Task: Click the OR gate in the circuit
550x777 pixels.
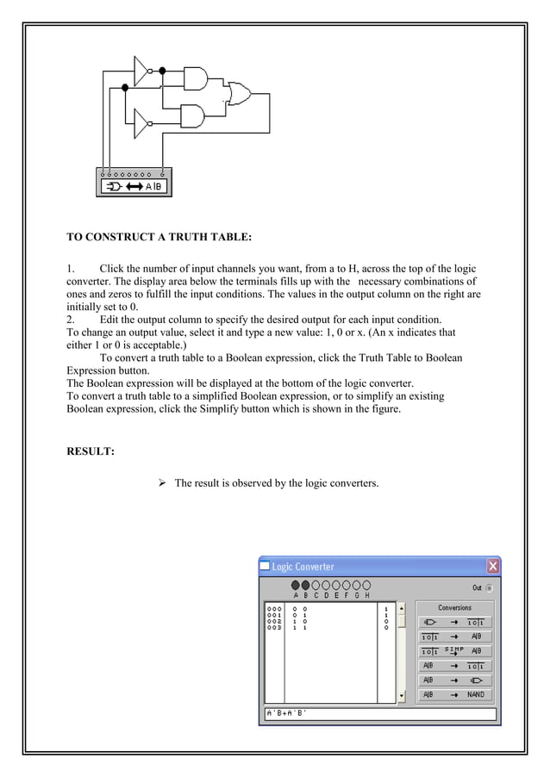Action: click(x=234, y=93)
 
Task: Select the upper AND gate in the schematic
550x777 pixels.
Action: click(x=196, y=77)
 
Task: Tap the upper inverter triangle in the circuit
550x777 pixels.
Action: click(x=141, y=72)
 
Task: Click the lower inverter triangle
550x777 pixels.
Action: click(x=141, y=123)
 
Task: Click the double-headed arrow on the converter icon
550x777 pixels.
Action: click(x=134, y=186)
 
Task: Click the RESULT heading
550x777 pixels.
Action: click(x=91, y=451)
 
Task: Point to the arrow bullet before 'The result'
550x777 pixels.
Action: click(x=162, y=483)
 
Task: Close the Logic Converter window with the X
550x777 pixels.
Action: click(x=492, y=567)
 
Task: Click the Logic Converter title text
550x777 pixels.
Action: click(x=303, y=567)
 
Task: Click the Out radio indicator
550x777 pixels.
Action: click(x=490, y=588)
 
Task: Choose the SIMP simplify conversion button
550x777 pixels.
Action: click(x=456, y=650)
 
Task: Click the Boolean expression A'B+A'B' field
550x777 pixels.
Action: click(x=379, y=714)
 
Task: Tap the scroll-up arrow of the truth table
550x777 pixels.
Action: click(x=400, y=608)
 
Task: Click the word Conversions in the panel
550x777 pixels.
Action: click(x=455, y=607)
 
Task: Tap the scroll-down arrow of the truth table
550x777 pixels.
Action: click(x=400, y=696)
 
